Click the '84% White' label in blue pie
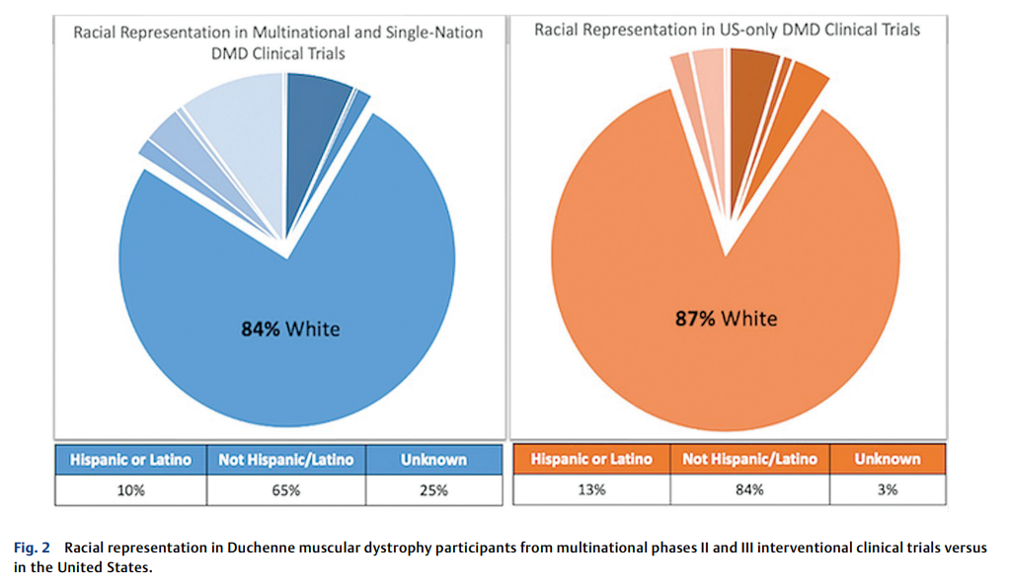pos(289,329)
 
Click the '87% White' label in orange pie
pos(726,318)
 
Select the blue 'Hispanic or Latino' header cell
pos(129,460)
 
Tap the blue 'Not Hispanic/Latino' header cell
pos(285,460)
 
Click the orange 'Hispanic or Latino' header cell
pos(591,459)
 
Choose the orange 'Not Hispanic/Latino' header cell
pos(749,459)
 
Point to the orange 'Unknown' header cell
pos(887,459)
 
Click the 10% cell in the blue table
pos(129,489)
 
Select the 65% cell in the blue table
pos(285,489)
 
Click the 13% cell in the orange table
pos(591,489)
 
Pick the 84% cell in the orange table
pos(749,489)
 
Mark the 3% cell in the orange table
pos(887,489)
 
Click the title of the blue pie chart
pos(278,42)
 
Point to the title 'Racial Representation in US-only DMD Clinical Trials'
pos(727,30)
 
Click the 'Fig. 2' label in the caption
pos(32,548)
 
